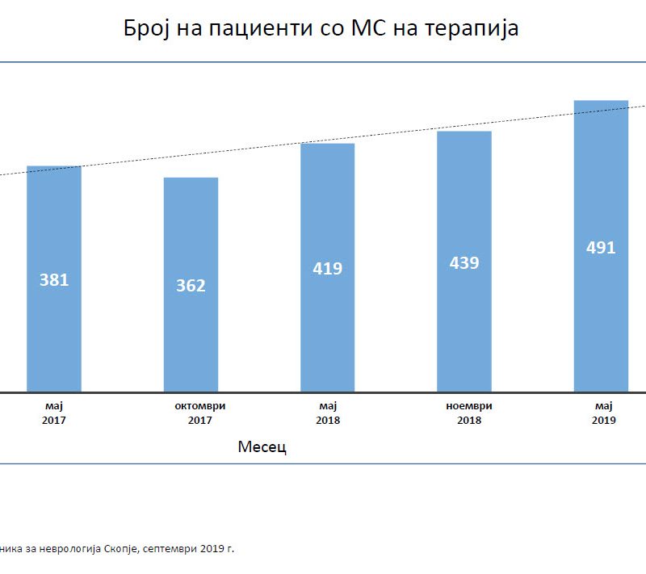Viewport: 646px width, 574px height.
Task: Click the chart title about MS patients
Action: [x=321, y=28]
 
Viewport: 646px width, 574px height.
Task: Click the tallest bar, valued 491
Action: [x=601, y=323]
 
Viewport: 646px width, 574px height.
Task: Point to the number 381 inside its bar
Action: [x=54, y=280]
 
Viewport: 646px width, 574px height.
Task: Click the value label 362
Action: [x=191, y=285]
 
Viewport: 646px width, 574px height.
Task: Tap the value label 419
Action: [x=327, y=268]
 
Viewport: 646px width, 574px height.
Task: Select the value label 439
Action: [x=464, y=262]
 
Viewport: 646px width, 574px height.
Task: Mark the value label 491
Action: [x=601, y=247]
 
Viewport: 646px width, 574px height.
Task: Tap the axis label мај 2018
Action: [x=328, y=413]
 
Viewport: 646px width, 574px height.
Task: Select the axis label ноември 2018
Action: [x=469, y=413]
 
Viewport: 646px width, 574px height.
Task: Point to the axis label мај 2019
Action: [x=603, y=413]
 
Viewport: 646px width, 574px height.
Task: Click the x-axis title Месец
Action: [x=263, y=446]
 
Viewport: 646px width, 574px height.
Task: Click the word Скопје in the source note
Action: [x=122, y=548]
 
